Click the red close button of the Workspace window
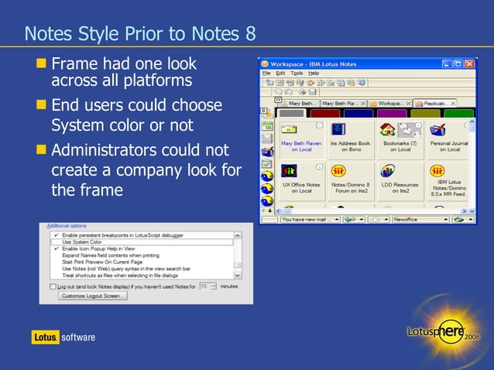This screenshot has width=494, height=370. [x=479, y=63]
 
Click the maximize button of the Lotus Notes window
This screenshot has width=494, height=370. [x=468, y=63]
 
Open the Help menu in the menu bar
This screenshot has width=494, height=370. [x=314, y=73]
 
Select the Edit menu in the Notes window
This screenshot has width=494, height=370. [x=280, y=73]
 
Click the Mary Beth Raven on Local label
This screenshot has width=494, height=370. [x=302, y=146]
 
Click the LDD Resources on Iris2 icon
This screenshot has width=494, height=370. [x=389, y=171]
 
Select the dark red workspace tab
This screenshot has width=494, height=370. [x=325, y=114]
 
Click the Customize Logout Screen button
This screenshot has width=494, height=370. [x=94, y=296]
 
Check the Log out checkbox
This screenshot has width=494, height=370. [x=53, y=286]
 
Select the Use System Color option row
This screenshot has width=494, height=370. [x=82, y=242]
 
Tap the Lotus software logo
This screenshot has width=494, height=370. [x=63, y=337]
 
